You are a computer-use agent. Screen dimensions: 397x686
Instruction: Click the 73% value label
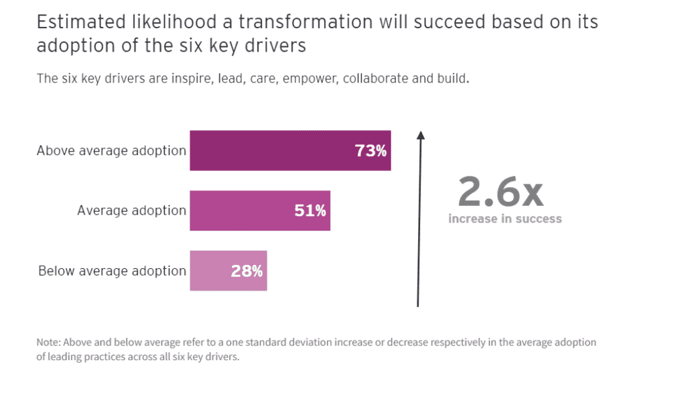click(370, 151)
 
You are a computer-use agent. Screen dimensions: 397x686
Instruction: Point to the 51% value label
click(310, 211)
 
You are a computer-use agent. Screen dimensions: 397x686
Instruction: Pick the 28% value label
click(247, 271)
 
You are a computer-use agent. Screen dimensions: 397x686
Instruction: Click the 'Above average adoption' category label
click(111, 150)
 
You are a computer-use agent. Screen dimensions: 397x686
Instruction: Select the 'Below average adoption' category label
click(112, 271)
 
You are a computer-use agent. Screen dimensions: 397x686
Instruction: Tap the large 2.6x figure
click(500, 192)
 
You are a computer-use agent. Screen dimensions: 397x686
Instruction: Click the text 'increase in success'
click(504, 219)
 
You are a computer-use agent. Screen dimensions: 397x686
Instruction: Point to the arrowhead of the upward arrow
click(420, 135)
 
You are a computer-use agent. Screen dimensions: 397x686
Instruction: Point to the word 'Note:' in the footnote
click(49, 342)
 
